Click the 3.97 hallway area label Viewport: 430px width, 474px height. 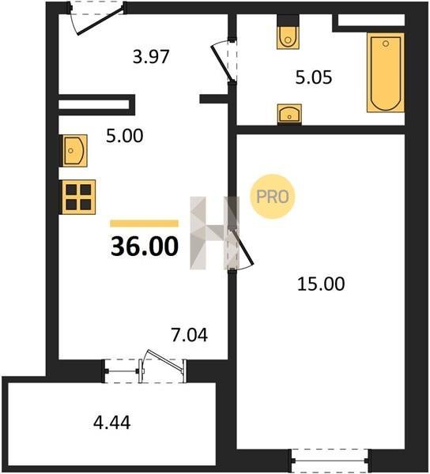point(151,57)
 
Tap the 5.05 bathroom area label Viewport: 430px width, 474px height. point(314,77)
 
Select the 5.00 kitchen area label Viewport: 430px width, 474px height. point(124,136)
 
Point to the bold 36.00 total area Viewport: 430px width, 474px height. point(145,246)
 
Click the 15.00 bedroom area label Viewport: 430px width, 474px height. point(321,284)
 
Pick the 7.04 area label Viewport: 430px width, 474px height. point(189,335)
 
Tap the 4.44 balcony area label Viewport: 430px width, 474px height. point(112,423)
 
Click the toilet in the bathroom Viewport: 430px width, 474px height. point(288,37)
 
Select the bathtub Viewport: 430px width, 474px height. point(386,73)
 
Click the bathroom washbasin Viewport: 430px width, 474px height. point(289,114)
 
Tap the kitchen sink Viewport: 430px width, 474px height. point(74,151)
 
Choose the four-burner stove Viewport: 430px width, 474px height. point(78,197)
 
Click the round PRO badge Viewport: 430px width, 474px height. point(272,197)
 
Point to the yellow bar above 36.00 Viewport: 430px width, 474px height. point(144,224)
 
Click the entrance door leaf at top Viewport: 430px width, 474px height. point(100,21)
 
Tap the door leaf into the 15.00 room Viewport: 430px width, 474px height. point(243,247)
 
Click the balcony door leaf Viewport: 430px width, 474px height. point(165,359)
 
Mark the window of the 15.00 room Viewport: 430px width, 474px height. point(330,461)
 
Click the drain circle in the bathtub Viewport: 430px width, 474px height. point(386,43)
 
